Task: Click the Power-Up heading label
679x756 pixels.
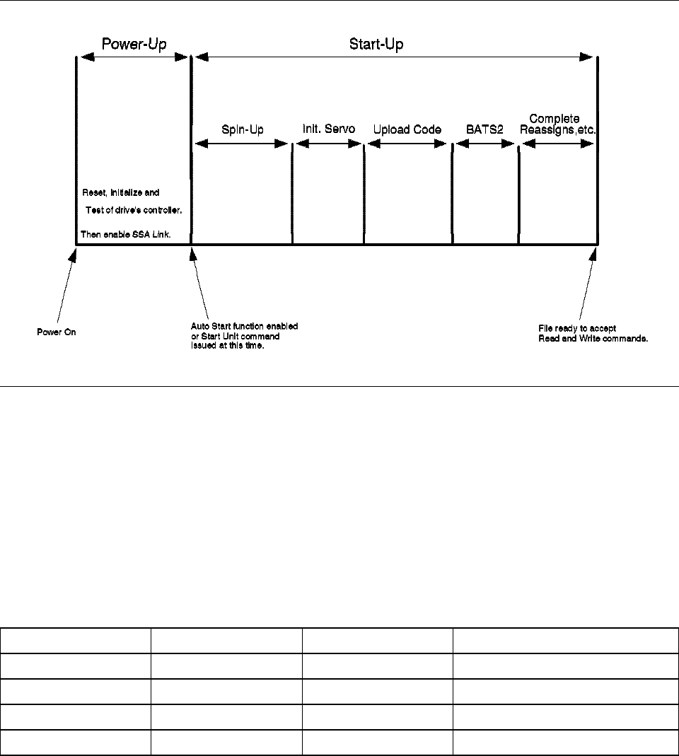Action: tap(133, 44)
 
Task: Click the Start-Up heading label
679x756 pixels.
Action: tap(376, 44)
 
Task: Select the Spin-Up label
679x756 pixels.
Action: tap(243, 129)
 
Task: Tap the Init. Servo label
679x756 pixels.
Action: tap(329, 129)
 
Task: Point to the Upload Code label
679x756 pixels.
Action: tap(407, 129)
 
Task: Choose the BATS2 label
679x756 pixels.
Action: tap(485, 129)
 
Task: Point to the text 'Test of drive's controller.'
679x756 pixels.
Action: tap(138, 209)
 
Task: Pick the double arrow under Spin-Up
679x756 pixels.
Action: tap(243, 144)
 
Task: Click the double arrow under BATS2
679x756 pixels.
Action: tap(485, 144)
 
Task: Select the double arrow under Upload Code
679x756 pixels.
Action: tap(409, 144)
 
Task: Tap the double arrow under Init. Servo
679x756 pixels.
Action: tap(329, 144)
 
